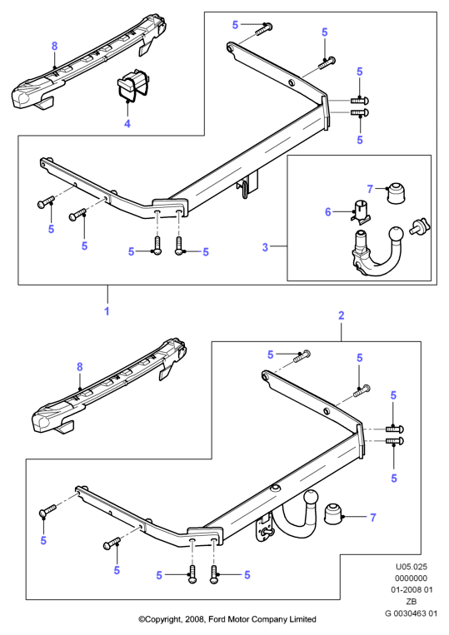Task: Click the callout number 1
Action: tap(107, 311)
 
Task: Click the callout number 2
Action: tap(342, 315)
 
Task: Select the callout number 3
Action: tap(265, 246)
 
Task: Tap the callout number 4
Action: tap(127, 123)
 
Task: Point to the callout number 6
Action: tap(328, 211)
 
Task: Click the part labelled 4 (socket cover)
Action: tap(132, 84)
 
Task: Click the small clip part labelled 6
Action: tap(360, 211)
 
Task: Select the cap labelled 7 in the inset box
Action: tap(396, 193)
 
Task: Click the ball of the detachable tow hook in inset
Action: tap(397, 236)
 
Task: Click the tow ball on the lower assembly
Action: tap(311, 498)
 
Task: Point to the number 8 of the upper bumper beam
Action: tap(55, 46)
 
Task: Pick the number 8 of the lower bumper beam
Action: tap(80, 367)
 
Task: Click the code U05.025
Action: tap(412, 567)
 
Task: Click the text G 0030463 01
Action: tap(411, 613)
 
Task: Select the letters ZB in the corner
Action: tap(412, 602)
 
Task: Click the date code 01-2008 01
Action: tap(412, 589)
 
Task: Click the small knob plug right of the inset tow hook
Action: tap(420, 226)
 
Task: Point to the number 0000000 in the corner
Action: tap(412, 578)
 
